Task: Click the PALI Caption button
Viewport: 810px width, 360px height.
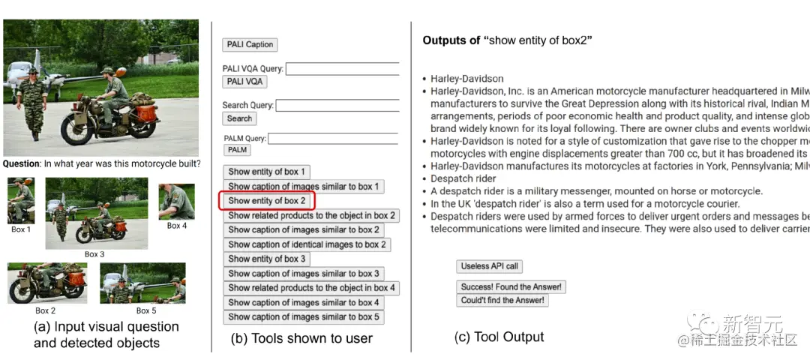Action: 250,45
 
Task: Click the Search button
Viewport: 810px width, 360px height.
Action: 239,118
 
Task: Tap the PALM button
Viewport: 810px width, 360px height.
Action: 237,151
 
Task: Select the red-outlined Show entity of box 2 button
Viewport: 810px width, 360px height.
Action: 266,201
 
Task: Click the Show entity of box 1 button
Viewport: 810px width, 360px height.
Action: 266,172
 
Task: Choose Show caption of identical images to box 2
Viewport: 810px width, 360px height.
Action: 307,244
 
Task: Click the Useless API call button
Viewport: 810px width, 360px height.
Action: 489,266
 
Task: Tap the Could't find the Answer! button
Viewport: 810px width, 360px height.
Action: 503,301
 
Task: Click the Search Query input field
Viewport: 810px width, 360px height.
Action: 337,106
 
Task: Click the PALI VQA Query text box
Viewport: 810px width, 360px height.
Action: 342,69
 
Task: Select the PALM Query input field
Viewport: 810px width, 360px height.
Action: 333,139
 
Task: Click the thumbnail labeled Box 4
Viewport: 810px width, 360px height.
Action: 176,201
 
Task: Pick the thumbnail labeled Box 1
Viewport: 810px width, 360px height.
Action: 21,200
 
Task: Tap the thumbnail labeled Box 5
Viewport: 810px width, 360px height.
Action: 142,283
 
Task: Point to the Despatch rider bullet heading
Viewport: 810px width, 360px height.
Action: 463,178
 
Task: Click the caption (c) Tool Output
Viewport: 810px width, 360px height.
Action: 499,337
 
